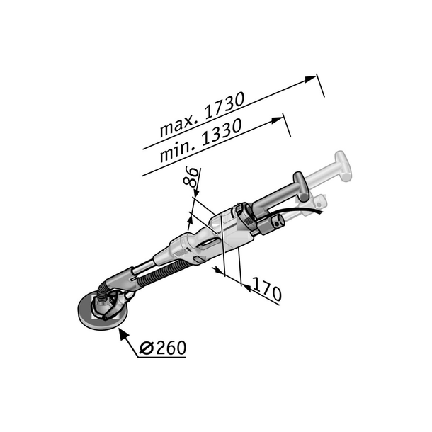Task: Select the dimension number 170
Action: (267, 291)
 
